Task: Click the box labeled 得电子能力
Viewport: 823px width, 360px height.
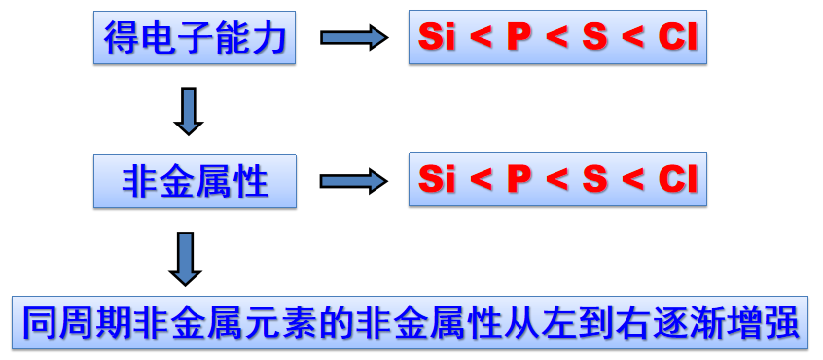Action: tap(195, 38)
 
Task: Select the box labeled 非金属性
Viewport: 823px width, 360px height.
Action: tap(195, 180)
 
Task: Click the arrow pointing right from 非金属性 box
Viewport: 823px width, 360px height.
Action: tap(353, 180)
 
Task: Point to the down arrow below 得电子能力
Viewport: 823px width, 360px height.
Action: tap(188, 110)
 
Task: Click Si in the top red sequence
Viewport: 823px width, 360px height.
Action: tap(438, 38)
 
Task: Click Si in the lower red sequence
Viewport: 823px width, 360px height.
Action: tap(438, 179)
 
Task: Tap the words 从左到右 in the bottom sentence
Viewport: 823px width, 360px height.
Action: tap(577, 322)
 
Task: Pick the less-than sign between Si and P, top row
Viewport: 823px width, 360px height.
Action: tap(480, 39)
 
